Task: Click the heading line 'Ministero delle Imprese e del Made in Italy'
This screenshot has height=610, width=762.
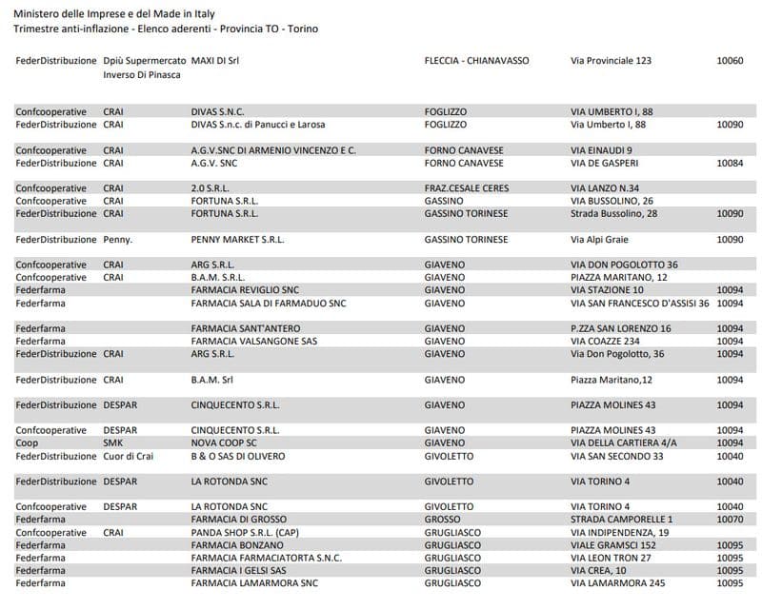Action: [x=114, y=13]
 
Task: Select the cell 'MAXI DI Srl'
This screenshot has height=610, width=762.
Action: [x=215, y=60]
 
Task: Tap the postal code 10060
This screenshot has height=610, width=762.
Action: [x=730, y=60]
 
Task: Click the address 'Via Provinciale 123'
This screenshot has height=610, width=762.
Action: [x=611, y=60]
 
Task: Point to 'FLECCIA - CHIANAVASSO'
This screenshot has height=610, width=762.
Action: [x=476, y=60]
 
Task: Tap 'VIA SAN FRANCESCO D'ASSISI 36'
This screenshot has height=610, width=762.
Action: [x=639, y=303]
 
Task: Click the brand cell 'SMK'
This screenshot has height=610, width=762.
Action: [x=112, y=443]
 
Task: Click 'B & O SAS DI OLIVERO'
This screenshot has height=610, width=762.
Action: [x=238, y=456]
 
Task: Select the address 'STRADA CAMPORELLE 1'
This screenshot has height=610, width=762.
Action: [x=621, y=519]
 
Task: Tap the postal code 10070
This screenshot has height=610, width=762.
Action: [x=730, y=519]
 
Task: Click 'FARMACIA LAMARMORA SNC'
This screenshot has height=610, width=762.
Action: [x=248, y=582]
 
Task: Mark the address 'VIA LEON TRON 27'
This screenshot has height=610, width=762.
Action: [x=611, y=558]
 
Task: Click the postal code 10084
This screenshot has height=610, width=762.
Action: [x=730, y=163]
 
